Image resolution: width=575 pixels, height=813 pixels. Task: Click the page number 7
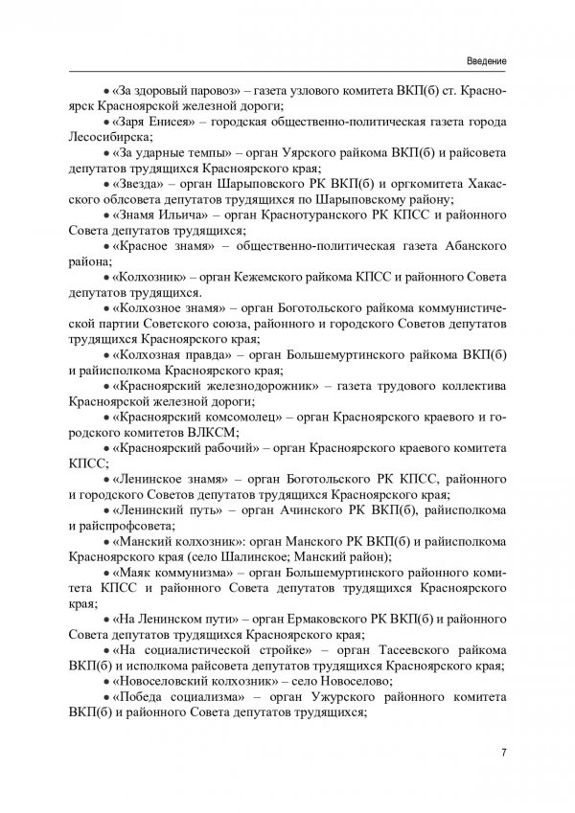(503, 751)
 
